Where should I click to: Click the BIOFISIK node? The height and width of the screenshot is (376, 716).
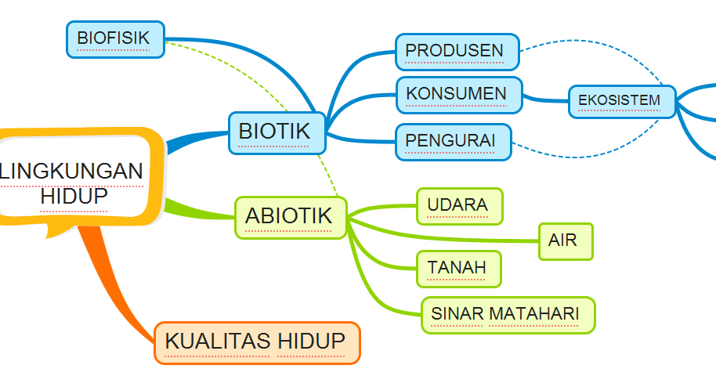coord(115,38)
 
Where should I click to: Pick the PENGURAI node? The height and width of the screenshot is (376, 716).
coord(453,141)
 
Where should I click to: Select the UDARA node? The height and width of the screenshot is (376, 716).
coord(459,205)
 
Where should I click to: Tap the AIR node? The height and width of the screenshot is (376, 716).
coord(565,240)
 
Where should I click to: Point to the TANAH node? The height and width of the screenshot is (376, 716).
coord(458,268)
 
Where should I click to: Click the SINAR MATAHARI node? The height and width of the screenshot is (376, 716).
coord(508,314)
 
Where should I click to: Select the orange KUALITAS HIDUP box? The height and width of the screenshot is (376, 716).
coord(257,342)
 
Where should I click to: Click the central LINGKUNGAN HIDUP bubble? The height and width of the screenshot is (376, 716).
coord(74,182)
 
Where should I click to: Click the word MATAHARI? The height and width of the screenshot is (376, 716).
coord(534,314)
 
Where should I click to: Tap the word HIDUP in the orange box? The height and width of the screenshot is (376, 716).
coord(311,342)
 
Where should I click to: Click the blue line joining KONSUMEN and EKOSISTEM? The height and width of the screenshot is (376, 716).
coord(545,99)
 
